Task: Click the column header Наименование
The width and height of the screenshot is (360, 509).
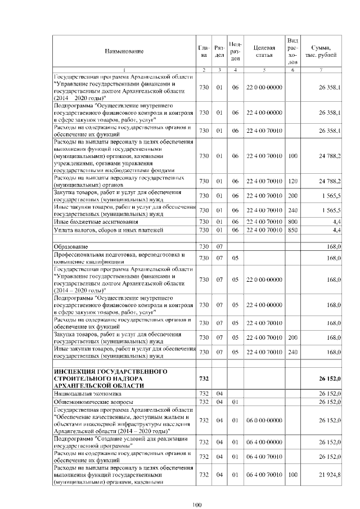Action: pyautogui.click(x=123, y=51)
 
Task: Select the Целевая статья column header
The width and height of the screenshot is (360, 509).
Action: pyautogui.click(x=264, y=51)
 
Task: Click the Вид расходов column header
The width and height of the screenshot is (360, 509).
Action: pyautogui.click(x=292, y=51)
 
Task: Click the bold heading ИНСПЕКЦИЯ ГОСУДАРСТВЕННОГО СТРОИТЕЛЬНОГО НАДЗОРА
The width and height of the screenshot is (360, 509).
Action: pyautogui.click(x=112, y=379)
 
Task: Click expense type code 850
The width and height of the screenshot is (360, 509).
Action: pyautogui.click(x=292, y=231)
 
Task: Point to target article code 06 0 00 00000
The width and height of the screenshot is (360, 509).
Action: pyautogui.click(x=264, y=420)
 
